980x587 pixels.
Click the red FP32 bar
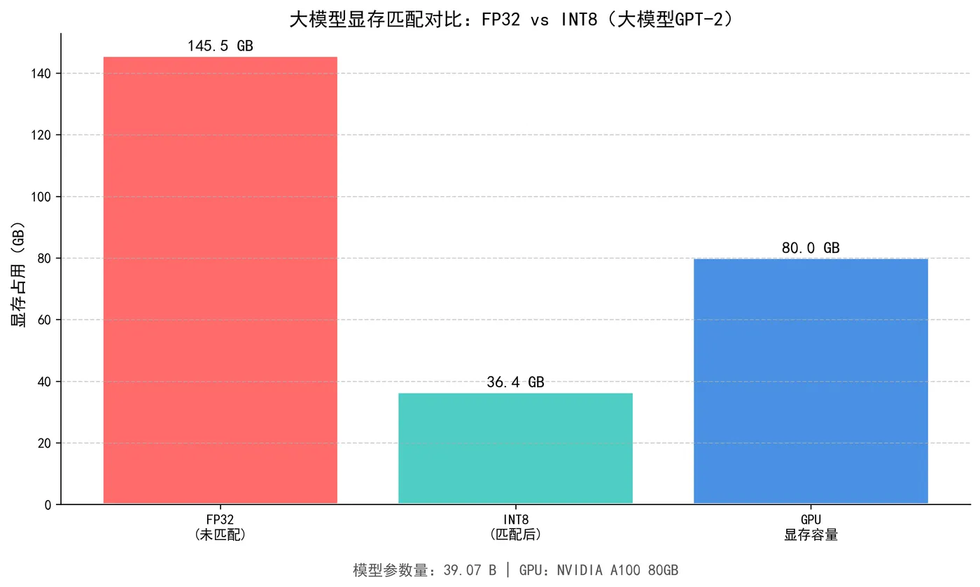(x=220, y=280)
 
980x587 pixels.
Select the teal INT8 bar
(x=515, y=448)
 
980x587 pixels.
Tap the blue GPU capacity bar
(x=811, y=381)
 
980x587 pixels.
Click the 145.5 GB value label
(x=220, y=46)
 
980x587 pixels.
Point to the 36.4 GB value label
(x=515, y=382)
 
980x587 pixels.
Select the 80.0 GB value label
(x=811, y=248)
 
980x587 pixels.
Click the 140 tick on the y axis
(x=42, y=73)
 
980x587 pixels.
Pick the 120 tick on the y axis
(x=42, y=134)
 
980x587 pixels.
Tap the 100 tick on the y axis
(x=42, y=197)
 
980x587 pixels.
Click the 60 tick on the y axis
(x=45, y=320)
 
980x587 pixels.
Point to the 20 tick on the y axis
(x=45, y=443)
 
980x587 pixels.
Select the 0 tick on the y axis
(x=48, y=504)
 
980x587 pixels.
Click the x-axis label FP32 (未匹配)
(x=220, y=527)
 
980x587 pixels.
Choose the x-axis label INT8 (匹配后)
(x=515, y=527)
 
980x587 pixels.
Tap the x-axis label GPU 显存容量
(x=811, y=527)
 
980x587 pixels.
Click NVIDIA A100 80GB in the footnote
(x=617, y=570)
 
